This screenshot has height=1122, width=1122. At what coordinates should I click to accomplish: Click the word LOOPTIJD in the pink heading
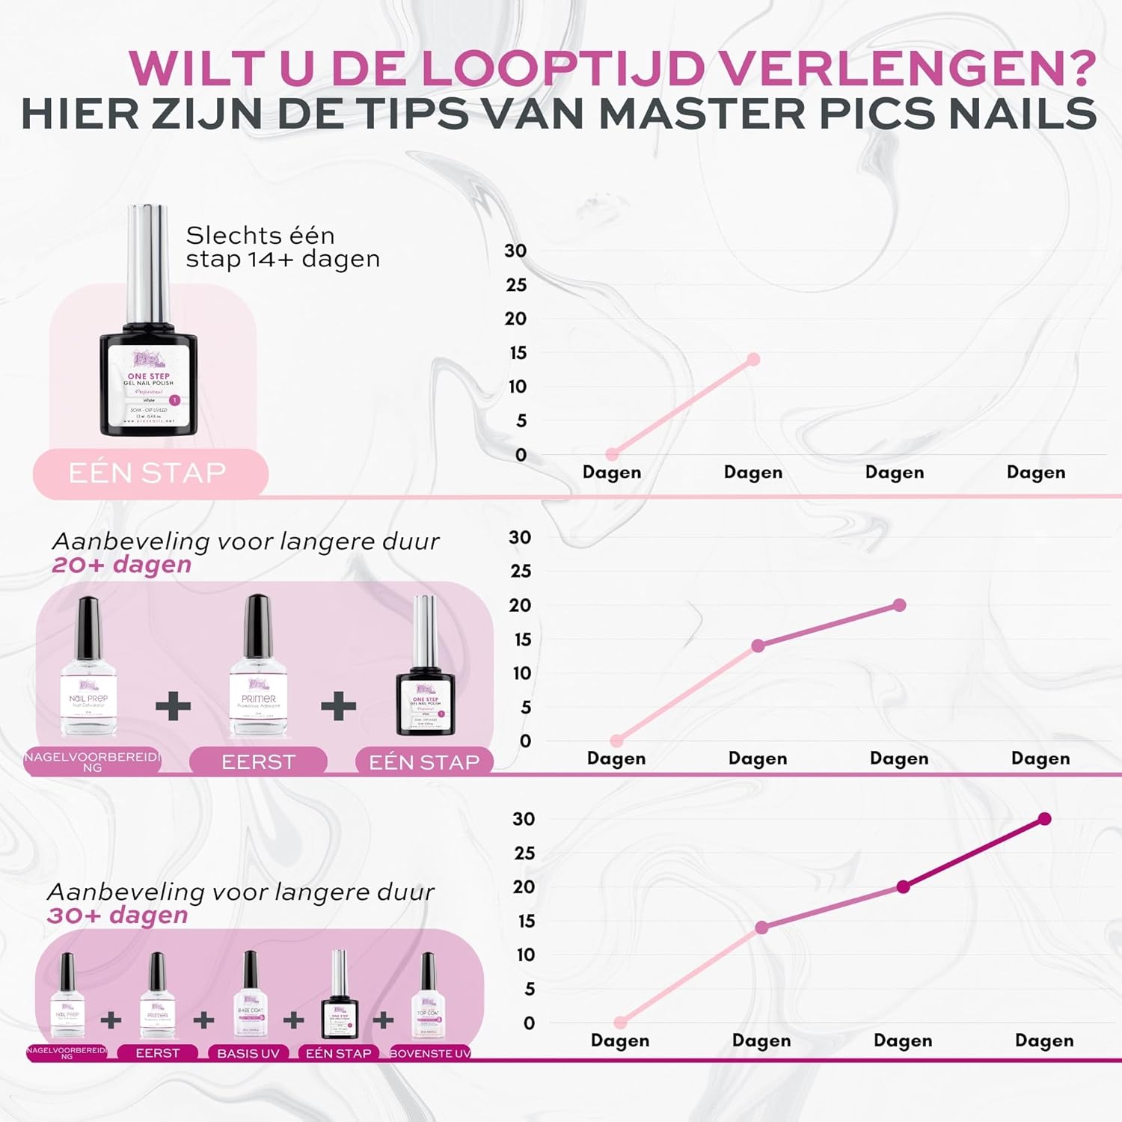pos(563,69)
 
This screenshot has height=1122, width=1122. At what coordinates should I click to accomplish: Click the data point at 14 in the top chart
pos(753,360)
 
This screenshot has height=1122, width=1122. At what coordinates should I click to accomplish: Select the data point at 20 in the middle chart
pos(899,605)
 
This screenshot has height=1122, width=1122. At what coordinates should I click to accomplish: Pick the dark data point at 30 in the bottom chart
pos(1044,819)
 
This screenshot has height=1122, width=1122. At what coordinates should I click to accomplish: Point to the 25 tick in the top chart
pos(516,285)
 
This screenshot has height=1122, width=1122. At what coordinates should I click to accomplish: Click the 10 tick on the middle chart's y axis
pos(521,673)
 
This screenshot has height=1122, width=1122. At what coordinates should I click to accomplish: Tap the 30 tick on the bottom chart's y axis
pos(524,819)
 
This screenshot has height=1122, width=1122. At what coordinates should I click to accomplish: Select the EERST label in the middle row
pos(258,762)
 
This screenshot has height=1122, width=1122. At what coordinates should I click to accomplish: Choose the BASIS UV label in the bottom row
pos(248,1053)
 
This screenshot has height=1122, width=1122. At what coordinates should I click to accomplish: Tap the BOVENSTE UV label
pos(430,1053)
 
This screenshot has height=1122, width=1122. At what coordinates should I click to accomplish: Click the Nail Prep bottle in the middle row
pos(88,666)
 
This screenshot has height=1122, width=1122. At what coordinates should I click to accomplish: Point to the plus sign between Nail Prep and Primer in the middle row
pos(173,706)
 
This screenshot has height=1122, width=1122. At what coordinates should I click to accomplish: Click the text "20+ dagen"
pos(122,565)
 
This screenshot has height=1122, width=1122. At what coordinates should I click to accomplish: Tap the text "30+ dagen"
pos(117,915)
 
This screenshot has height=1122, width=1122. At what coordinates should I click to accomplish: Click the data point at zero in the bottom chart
pos(620,1023)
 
